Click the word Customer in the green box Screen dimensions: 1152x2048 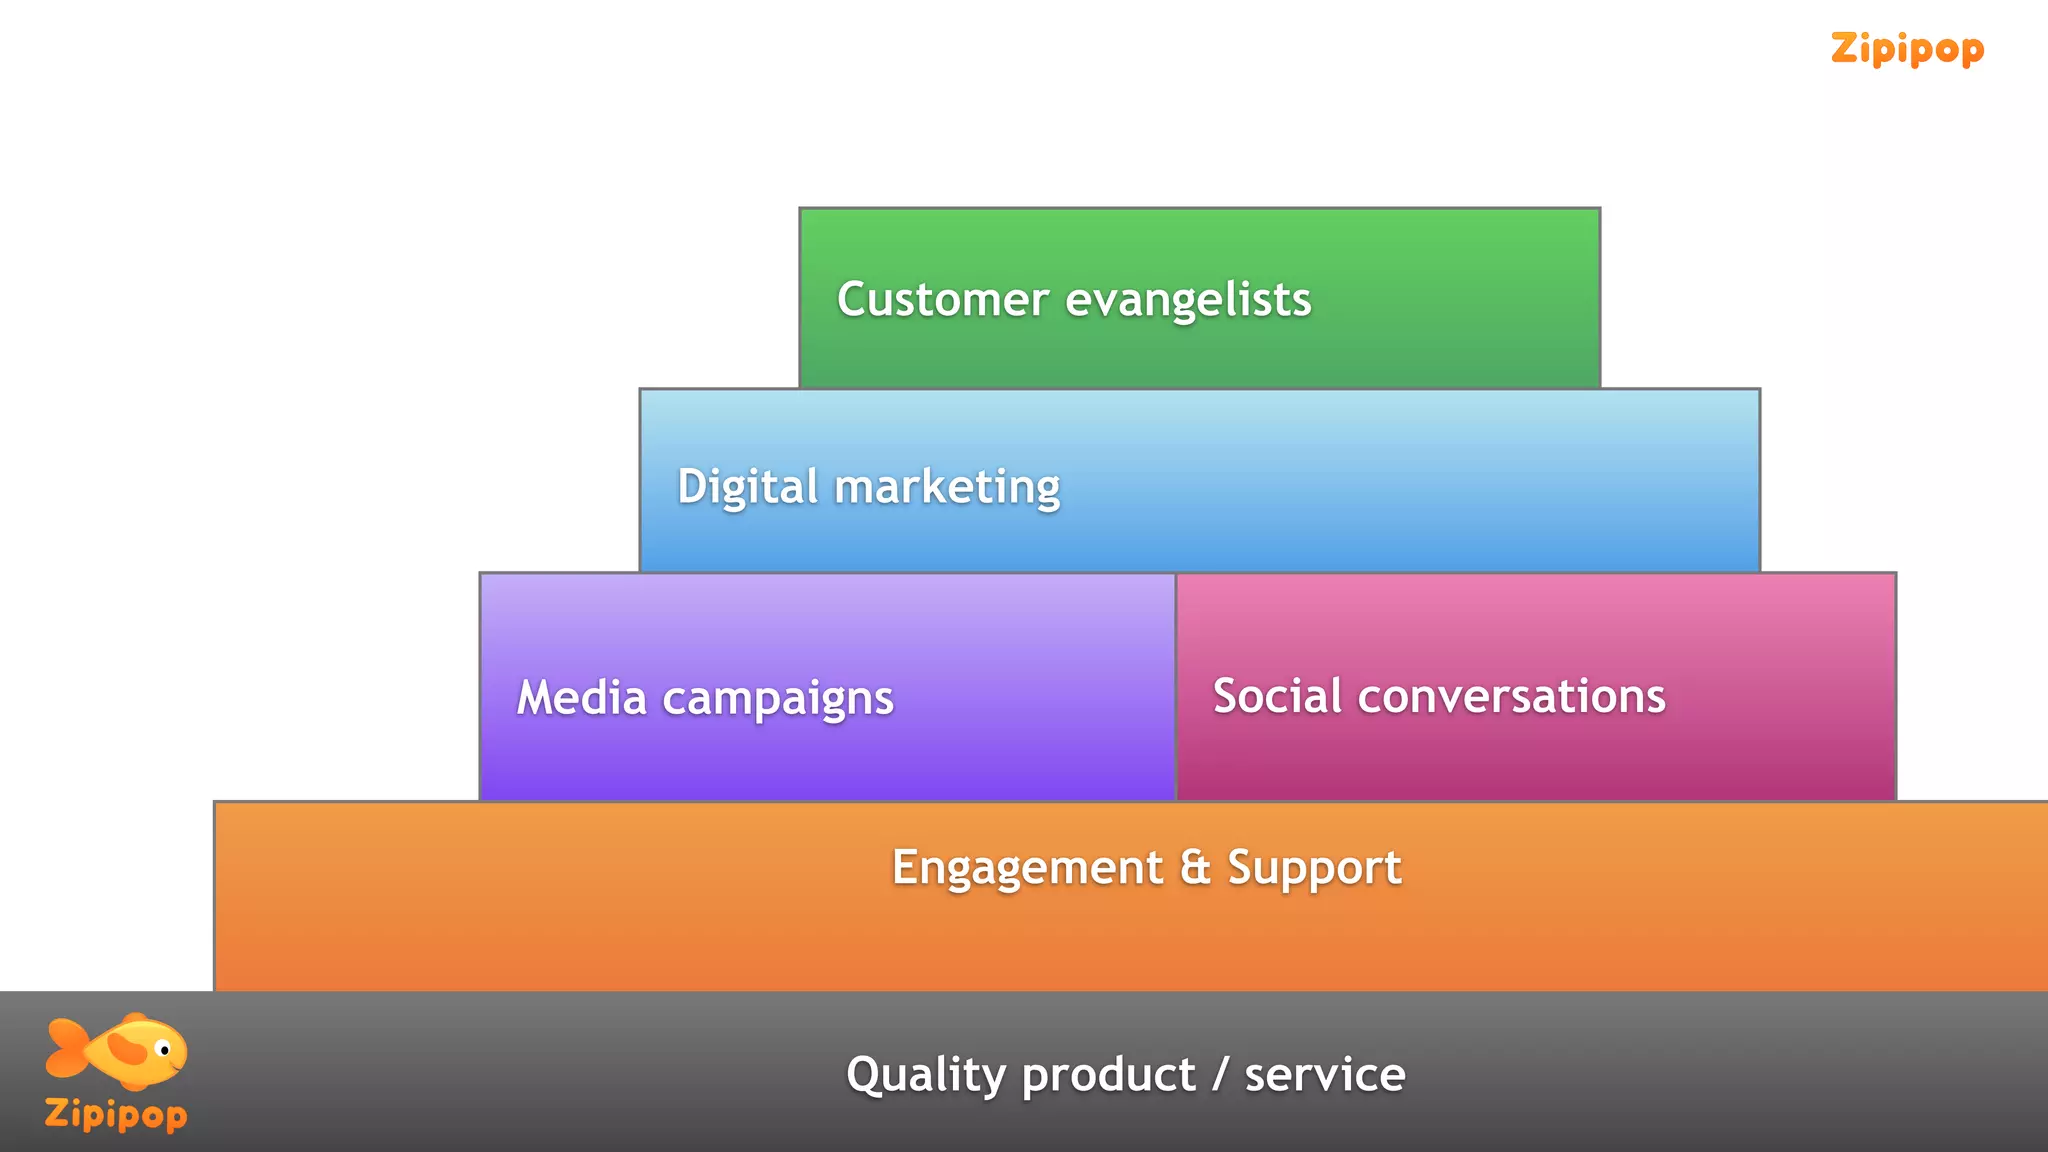pyautogui.click(x=942, y=299)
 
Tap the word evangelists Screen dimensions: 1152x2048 pyautogui.click(x=1188, y=301)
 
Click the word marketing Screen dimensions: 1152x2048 pyautogui.click(x=947, y=488)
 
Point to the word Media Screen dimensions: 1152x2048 pyautogui.click(x=581, y=697)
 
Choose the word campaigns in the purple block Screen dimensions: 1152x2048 pyautogui.click(x=778, y=699)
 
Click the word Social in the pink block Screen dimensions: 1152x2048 pyautogui.click(x=1277, y=695)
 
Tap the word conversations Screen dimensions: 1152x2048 pyautogui.click(x=1511, y=696)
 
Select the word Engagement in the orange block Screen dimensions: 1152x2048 pyautogui.click(x=1027, y=867)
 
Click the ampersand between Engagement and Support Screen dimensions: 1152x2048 pyautogui.click(x=1195, y=866)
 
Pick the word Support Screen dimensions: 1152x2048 pyautogui.click(x=1314, y=867)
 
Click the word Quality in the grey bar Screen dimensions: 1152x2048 pyautogui.click(x=926, y=1075)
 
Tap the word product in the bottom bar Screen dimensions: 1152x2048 pyautogui.click(x=1108, y=1075)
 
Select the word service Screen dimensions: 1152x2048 pyautogui.click(x=1325, y=1075)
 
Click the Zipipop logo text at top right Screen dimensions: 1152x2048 pyautogui.click(x=1907, y=48)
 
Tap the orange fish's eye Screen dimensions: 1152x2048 pyautogui.click(x=165, y=1050)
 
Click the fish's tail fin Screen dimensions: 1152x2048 pyautogui.click(x=66, y=1048)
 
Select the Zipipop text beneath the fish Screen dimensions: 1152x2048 pyautogui.click(x=116, y=1114)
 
